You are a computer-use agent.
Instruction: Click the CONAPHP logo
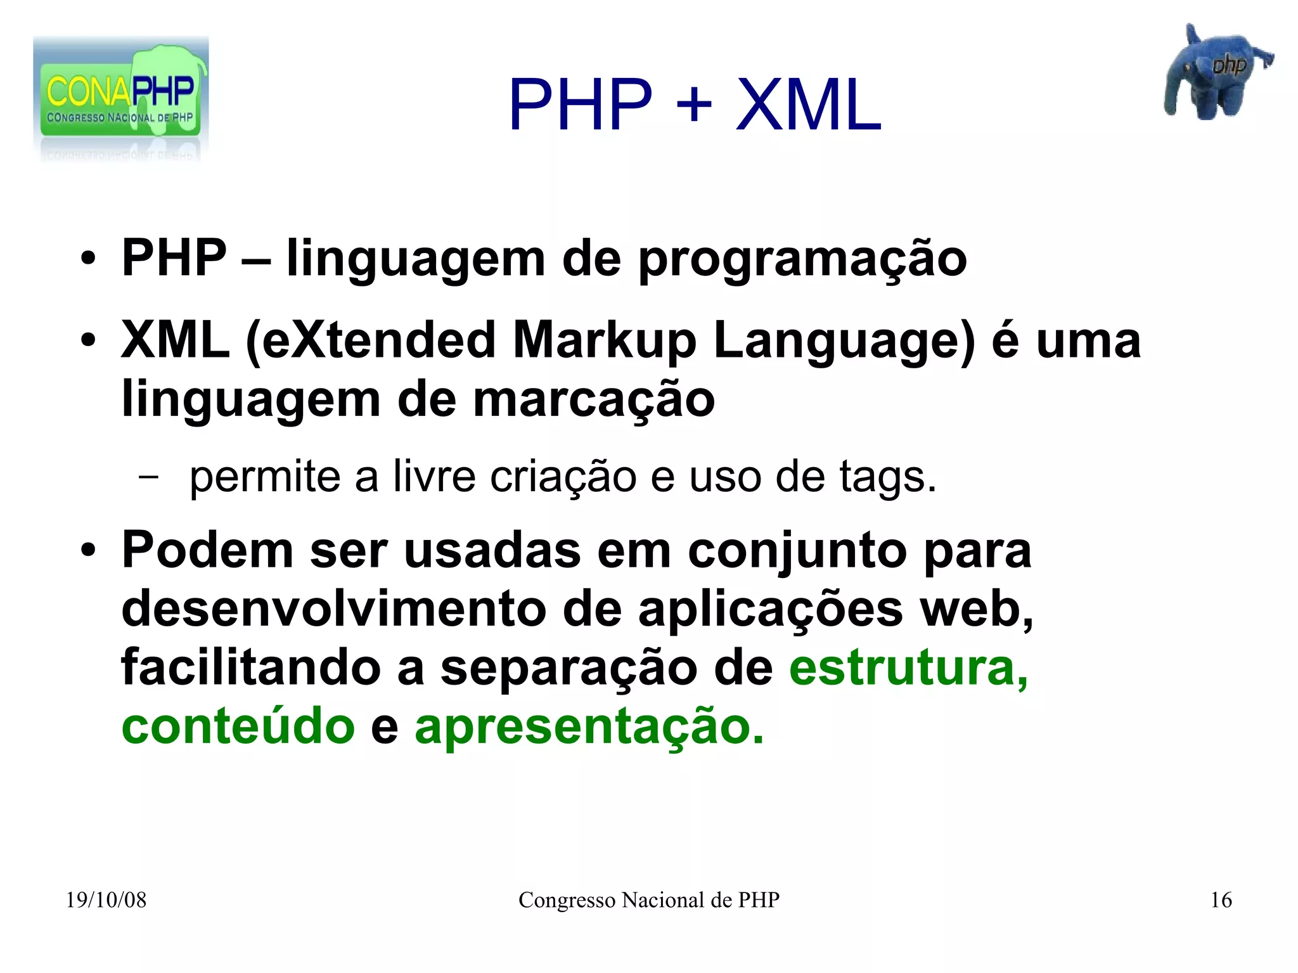(x=120, y=98)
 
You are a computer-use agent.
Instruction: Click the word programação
(x=802, y=260)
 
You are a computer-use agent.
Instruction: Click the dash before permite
(x=149, y=477)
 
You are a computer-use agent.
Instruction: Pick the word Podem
(x=207, y=550)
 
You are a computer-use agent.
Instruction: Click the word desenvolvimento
(x=333, y=609)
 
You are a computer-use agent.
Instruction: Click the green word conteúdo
(x=238, y=726)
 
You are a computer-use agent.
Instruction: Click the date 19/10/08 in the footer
(x=106, y=900)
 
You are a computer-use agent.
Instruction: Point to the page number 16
(x=1221, y=900)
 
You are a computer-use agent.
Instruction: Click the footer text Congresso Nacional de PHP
(x=648, y=900)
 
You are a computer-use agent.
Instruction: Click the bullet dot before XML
(x=88, y=341)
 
